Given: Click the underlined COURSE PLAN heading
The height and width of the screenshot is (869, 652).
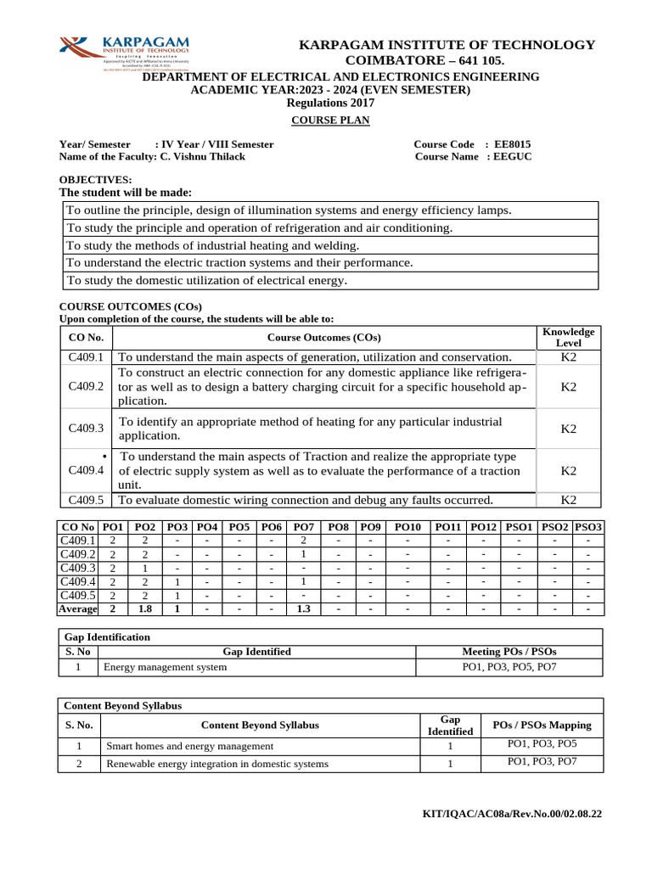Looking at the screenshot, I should click(x=330, y=121).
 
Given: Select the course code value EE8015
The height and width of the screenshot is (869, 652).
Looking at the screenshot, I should click(x=513, y=144).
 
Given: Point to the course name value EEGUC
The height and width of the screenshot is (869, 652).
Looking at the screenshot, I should click(x=514, y=157).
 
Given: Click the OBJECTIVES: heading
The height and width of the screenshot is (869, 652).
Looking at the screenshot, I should click(x=94, y=180).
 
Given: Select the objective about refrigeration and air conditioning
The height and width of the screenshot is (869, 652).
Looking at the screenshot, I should click(x=260, y=228).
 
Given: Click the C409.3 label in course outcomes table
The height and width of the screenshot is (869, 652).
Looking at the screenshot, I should click(x=86, y=429).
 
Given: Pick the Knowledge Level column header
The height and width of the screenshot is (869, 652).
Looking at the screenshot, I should click(x=568, y=337).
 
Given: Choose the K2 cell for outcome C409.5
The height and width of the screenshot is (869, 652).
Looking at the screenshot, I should click(x=568, y=500).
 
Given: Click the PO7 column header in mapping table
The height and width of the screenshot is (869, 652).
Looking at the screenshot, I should click(x=304, y=527).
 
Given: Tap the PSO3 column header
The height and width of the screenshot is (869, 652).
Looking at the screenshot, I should click(x=588, y=527).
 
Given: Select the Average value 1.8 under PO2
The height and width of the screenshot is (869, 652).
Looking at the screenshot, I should click(x=146, y=608).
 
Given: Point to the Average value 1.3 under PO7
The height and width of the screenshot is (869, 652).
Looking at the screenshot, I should click(x=304, y=608).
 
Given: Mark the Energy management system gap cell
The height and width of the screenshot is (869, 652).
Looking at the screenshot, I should click(x=166, y=668).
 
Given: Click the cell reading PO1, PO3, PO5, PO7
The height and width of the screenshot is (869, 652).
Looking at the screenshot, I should click(x=509, y=668).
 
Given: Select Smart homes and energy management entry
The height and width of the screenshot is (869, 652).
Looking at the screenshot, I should click(x=189, y=746).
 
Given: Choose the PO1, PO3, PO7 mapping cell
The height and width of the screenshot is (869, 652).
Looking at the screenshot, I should click(x=542, y=762).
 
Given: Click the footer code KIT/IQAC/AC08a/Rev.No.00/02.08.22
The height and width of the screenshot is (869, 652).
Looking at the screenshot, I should click(x=512, y=815).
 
